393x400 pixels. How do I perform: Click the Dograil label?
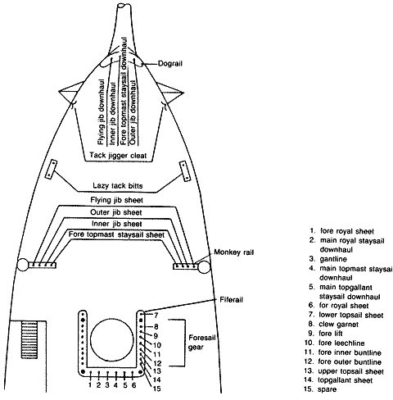point(170,64)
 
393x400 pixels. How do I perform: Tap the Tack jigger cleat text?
point(118,156)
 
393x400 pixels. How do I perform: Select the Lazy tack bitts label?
point(118,186)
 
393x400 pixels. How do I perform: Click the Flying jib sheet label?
point(117,200)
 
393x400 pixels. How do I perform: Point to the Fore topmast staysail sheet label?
point(116,234)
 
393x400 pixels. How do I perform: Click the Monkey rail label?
point(234,252)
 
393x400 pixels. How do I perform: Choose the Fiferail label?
point(231,300)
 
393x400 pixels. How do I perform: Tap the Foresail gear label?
point(202,343)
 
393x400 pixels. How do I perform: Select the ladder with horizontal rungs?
point(29,339)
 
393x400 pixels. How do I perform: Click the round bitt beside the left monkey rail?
point(23,265)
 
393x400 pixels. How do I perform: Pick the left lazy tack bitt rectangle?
point(52,170)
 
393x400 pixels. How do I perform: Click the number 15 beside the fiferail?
point(157,389)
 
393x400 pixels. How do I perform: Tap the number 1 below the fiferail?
point(90,385)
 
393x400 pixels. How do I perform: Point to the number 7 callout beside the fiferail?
point(156,316)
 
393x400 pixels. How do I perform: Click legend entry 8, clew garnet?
point(333,325)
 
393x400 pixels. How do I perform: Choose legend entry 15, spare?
point(320,389)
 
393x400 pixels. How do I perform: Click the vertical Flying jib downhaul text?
point(101,112)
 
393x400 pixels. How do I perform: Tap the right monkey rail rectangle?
point(186,266)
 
